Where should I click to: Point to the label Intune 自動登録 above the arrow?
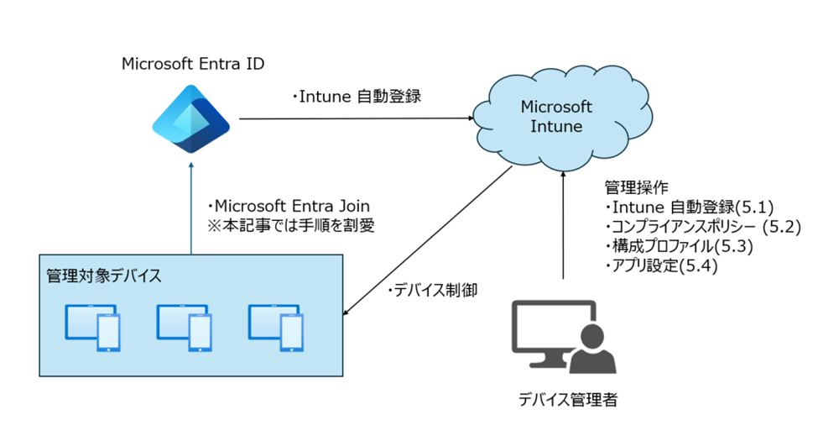point(356,97)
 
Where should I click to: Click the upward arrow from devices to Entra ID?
point(192,210)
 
